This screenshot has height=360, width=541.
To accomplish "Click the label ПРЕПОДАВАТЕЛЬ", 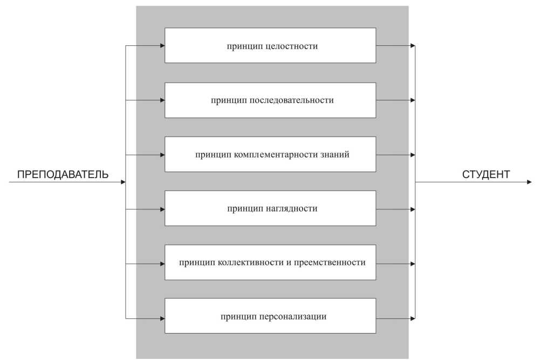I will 63,175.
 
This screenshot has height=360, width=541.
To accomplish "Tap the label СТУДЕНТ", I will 485,175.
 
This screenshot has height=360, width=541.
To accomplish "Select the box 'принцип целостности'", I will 270,45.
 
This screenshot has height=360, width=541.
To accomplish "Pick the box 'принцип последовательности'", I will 270,100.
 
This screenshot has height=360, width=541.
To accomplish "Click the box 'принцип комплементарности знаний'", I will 270,154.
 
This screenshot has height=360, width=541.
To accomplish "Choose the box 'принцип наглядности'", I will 270,208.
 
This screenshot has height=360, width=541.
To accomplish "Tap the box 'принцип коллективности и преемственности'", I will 270,262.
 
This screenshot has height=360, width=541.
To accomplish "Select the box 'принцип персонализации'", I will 270,316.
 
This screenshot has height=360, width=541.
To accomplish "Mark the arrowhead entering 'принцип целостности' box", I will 162,45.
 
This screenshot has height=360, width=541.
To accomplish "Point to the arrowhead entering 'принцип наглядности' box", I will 162,209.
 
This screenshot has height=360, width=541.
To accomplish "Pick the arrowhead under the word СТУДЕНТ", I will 529,182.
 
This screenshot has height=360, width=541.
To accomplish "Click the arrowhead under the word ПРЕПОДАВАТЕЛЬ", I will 122,182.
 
